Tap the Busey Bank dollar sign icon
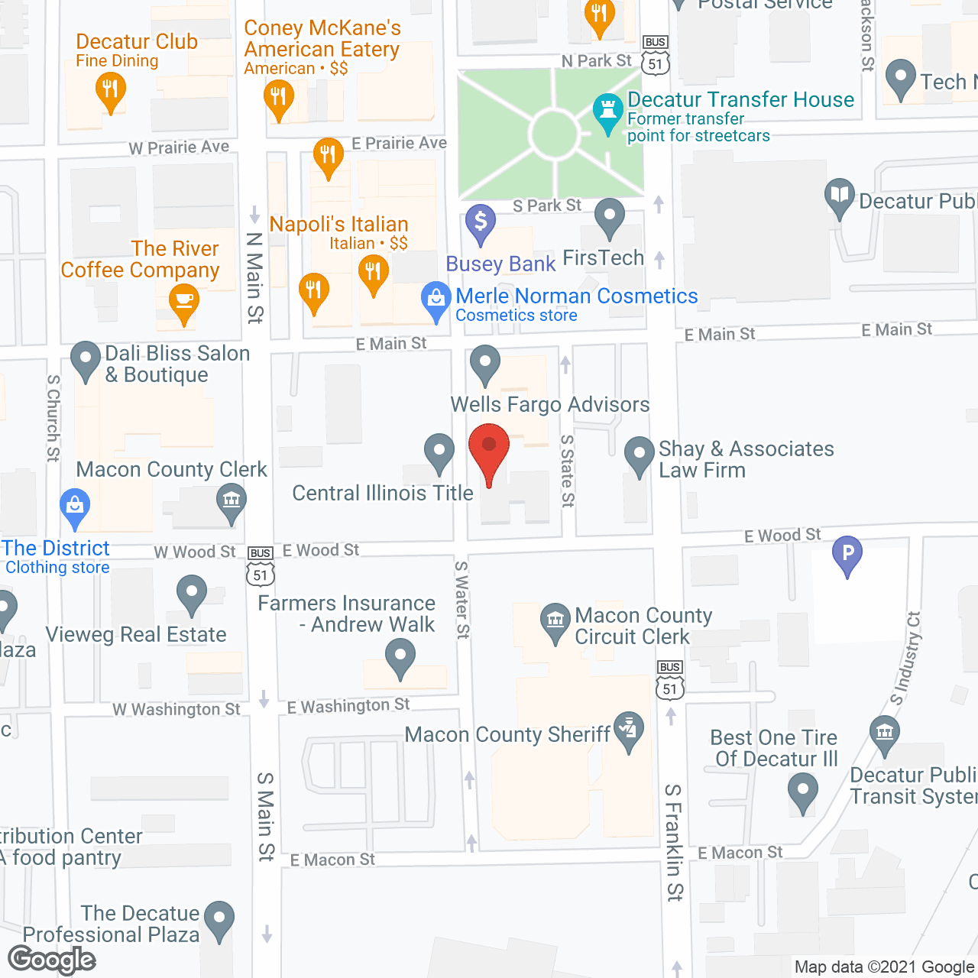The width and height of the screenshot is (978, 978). point(481,222)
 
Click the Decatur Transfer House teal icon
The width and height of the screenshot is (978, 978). point(608,112)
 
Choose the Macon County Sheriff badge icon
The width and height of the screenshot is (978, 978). point(629,730)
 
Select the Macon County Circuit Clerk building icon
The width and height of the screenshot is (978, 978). point(555,621)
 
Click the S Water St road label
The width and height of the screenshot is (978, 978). point(462,600)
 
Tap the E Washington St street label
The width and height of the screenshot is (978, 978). point(348,706)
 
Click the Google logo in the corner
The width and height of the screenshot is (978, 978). point(52,960)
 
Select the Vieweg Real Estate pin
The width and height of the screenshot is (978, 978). point(191,593)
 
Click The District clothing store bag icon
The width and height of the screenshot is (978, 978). point(75,507)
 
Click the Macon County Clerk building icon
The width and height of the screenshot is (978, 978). point(231,502)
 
